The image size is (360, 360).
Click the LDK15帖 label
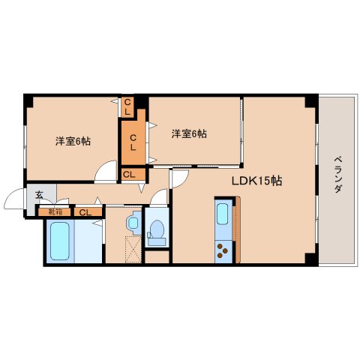[257, 181]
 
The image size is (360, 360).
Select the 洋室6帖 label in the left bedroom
[73, 142]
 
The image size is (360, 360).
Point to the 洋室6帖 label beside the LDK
[189, 133]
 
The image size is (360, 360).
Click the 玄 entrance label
[39, 195]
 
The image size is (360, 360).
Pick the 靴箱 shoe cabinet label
[55, 212]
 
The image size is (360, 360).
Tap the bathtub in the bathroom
[60, 241]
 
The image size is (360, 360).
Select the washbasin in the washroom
[133, 223]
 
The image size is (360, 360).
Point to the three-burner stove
[223, 251]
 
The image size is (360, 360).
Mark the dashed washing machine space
[133, 249]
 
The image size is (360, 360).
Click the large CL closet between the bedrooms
[133, 142]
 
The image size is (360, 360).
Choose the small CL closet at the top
[127, 106]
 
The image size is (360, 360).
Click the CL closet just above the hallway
[133, 174]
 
